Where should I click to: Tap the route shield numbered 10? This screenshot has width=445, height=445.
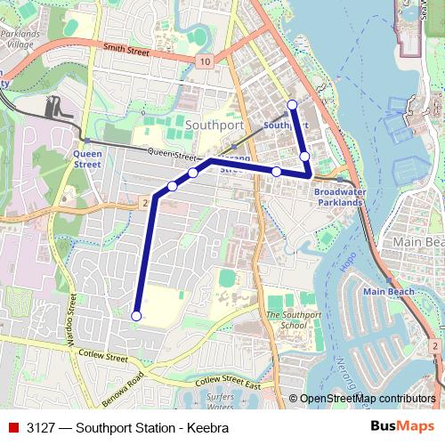206,61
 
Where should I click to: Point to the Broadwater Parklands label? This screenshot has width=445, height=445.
339,198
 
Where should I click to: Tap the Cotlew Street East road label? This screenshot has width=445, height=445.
229,382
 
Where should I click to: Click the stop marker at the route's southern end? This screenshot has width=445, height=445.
136,315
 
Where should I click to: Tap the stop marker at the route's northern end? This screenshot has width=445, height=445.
292,106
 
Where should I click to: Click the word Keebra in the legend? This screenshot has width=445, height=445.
208,428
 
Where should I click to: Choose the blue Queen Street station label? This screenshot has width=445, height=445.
87,158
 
